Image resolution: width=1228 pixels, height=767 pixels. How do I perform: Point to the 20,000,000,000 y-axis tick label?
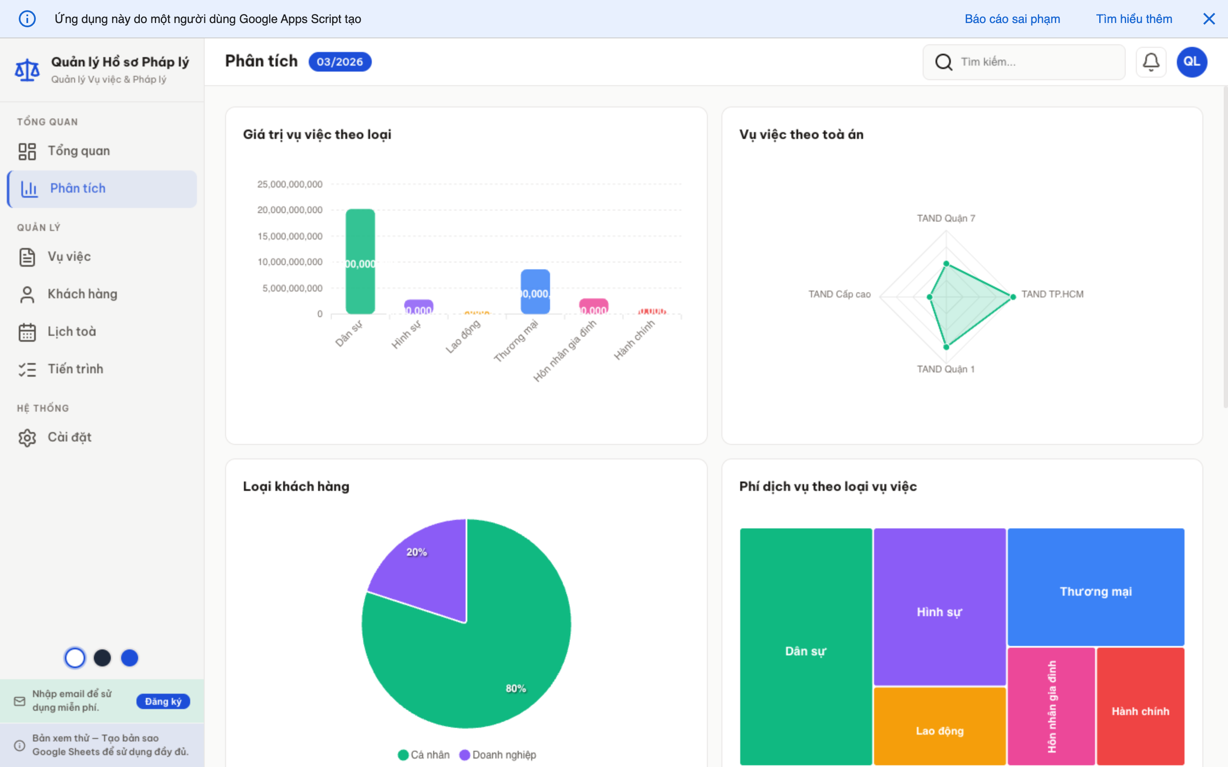[x=290, y=210]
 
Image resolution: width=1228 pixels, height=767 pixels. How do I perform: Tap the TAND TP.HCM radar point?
[x=1013, y=297]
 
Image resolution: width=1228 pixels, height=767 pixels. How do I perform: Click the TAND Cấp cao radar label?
[x=839, y=294]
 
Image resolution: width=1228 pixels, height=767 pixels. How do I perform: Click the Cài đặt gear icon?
[x=27, y=438]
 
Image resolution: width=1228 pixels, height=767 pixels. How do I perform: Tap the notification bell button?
[x=1151, y=62]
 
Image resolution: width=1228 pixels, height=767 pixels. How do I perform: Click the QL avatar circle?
[x=1191, y=62]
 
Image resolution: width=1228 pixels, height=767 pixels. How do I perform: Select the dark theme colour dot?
[x=102, y=658]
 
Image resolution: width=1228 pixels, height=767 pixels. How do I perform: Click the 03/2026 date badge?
[x=340, y=62]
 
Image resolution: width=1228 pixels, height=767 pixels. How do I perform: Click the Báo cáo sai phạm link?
[x=1012, y=19]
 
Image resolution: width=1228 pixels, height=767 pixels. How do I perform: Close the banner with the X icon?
[x=1209, y=19]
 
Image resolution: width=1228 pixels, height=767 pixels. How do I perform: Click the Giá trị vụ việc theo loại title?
[x=317, y=134]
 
